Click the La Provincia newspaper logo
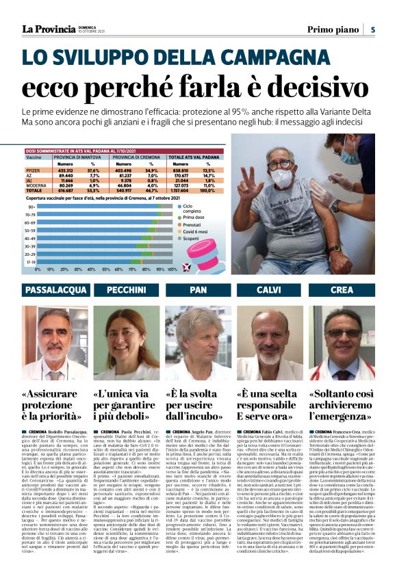pyautogui.click(x=48, y=29)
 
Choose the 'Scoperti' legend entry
pyautogui.click(x=181, y=239)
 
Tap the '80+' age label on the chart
pyautogui.click(x=31, y=206)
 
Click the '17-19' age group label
pyautogui.click(x=31, y=261)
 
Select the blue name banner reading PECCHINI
pyautogui.click(x=127, y=290)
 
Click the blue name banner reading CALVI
pyautogui.click(x=270, y=290)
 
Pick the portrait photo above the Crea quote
pyautogui.click(x=342, y=343)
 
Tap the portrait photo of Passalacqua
pyautogui.click(x=55, y=343)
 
